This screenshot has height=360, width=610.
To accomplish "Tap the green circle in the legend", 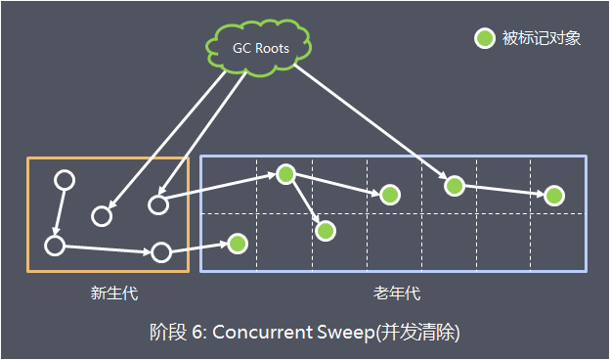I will point(484,39).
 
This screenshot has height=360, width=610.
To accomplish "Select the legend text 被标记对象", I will point(542,39).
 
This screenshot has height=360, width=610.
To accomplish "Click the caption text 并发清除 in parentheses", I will point(421,332).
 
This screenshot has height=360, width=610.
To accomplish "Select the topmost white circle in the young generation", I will point(65,181).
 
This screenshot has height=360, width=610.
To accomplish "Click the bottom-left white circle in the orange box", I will point(55,245).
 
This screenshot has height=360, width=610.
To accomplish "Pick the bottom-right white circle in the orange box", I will point(161,252).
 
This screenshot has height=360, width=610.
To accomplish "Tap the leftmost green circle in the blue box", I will point(237,242).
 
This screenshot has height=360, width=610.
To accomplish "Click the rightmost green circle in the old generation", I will point(554,196).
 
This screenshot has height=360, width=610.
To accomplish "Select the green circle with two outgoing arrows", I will point(285,174).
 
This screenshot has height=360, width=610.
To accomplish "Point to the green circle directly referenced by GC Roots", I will point(453,184).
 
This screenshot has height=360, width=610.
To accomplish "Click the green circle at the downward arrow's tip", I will point(326,231).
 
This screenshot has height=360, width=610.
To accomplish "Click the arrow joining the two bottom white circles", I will point(108,248).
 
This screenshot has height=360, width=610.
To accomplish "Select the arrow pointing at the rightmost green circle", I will point(503,190).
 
